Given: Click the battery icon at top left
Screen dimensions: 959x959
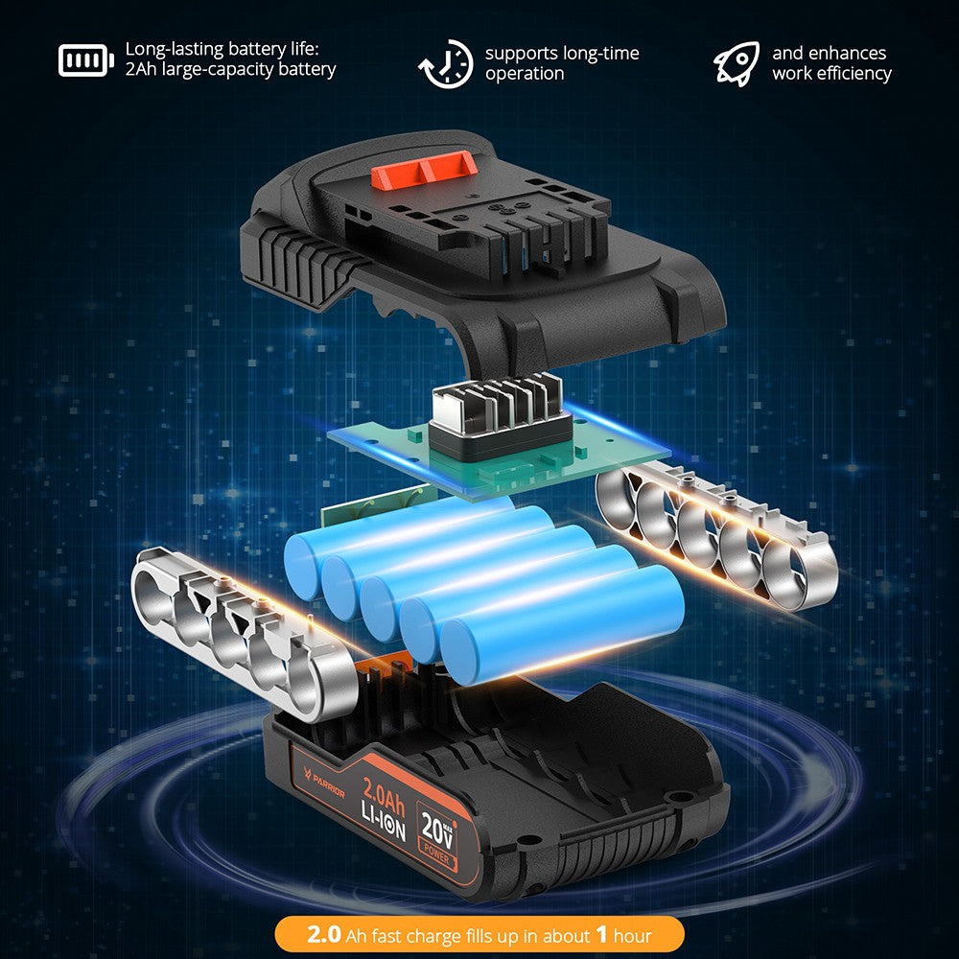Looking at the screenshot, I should click(x=86, y=60).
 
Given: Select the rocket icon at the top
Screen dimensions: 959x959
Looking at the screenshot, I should click(x=736, y=63).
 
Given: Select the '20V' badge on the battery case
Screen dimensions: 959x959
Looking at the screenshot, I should click(x=437, y=826).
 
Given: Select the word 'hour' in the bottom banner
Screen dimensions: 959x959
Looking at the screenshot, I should click(x=632, y=935).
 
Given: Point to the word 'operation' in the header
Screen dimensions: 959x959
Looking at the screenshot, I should click(x=525, y=74).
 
